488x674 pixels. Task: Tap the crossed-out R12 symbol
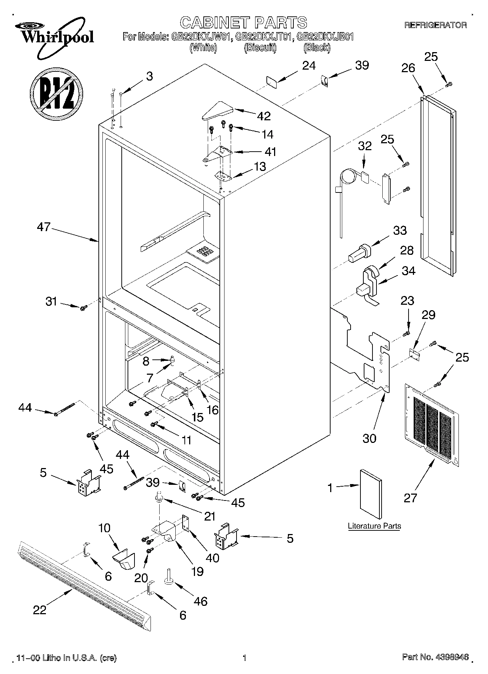point(56,93)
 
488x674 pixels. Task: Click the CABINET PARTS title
point(243,23)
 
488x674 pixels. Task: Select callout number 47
point(44,227)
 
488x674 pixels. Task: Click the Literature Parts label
point(374,526)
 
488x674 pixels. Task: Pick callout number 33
point(400,231)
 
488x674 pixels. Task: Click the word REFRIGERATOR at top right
point(436,25)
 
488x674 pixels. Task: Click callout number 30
point(369,438)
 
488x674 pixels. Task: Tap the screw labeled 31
point(83,308)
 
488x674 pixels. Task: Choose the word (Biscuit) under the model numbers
point(260,47)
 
